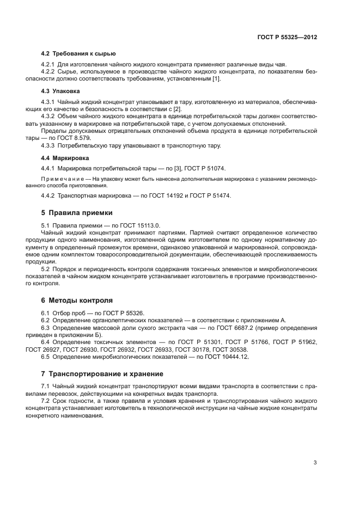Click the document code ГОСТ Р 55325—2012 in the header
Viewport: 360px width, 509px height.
click(x=287, y=38)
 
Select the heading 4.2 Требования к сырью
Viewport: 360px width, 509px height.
click(x=78, y=53)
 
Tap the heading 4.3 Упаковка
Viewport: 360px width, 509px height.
click(x=60, y=91)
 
